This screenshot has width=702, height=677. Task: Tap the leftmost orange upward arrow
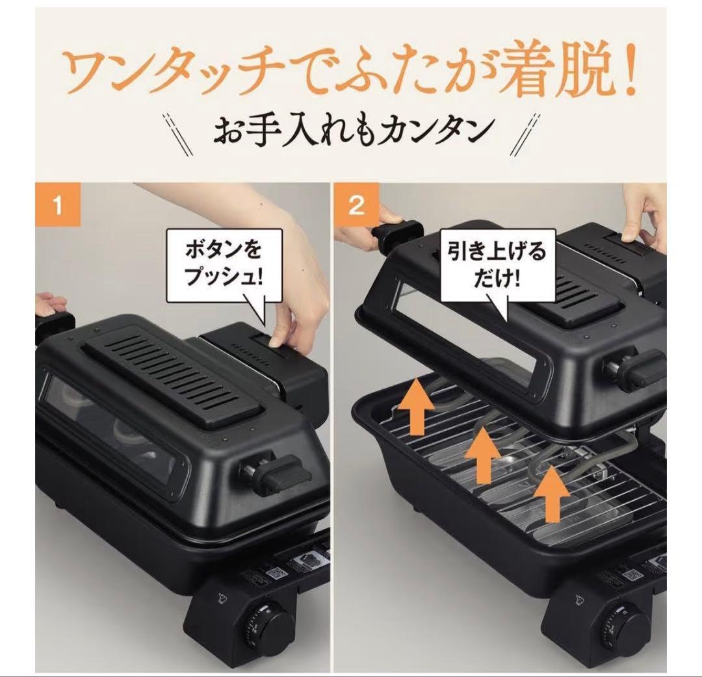pos(416,409)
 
